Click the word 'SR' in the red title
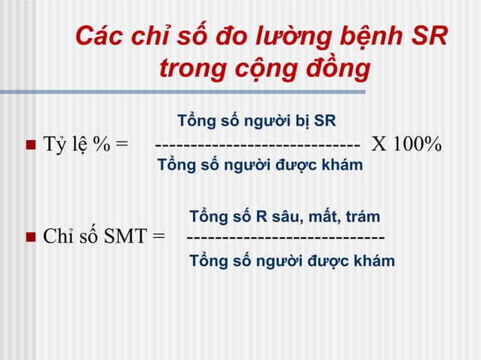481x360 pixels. click(x=427, y=35)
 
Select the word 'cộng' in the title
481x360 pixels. click(x=257, y=69)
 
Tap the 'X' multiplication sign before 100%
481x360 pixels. click(x=376, y=144)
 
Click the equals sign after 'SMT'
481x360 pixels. click(x=158, y=239)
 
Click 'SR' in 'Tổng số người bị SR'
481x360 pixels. click(x=325, y=121)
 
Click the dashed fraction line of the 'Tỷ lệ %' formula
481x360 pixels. click(x=257, y=145)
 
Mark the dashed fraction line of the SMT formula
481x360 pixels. click(x=285, y=239)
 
